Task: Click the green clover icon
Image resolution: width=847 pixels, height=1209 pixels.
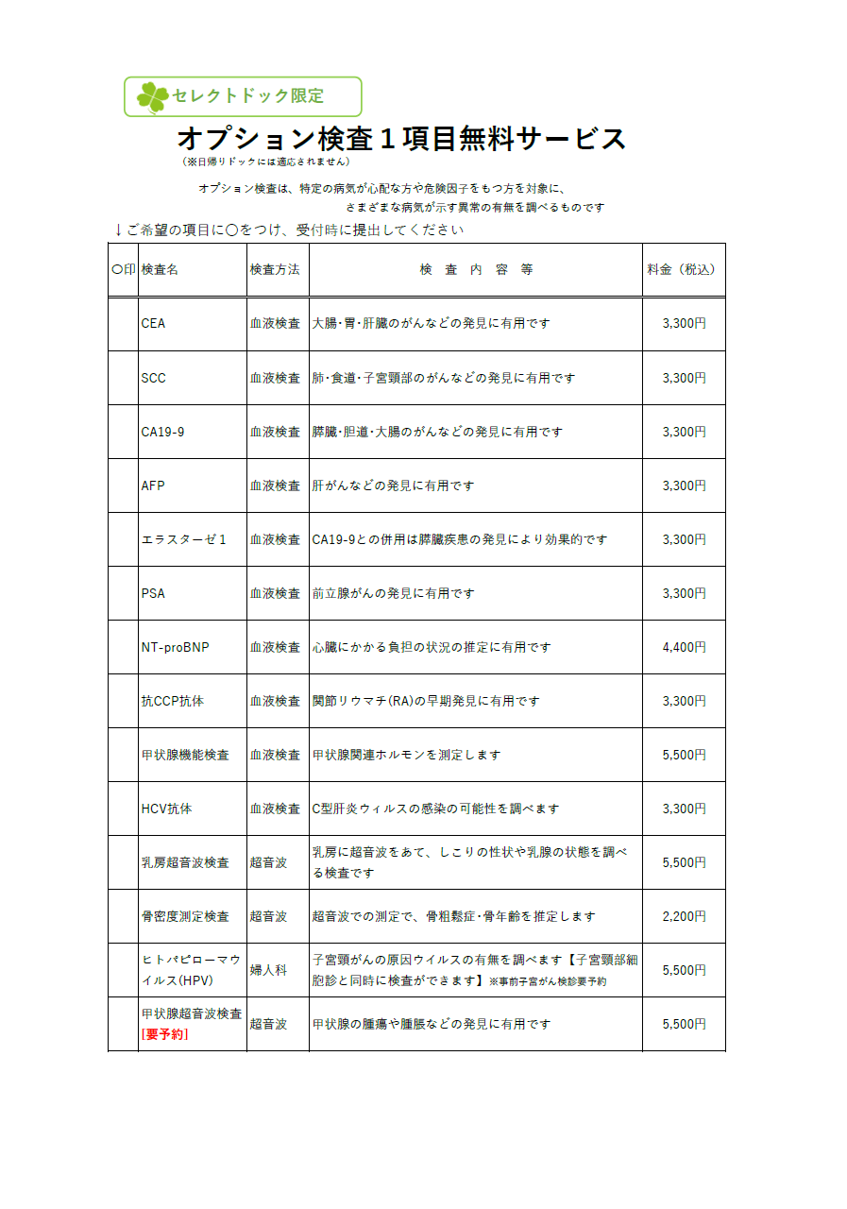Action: coord(152,96)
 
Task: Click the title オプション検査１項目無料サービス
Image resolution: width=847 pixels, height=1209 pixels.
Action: coord(401,139)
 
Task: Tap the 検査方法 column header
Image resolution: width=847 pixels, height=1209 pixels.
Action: coord(275,269)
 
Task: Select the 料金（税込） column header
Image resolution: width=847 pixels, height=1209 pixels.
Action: coord(681,269)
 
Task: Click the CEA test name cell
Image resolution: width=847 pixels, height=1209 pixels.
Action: coord(153,323)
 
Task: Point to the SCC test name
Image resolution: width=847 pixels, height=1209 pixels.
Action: coord(153,378)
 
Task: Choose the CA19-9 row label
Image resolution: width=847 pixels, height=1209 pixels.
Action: coord(162,432)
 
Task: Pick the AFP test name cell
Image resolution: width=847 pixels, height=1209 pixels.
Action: coord(153,485)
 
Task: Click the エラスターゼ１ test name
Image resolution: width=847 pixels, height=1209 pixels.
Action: coord(184,539)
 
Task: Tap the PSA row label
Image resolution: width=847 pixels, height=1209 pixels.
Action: coord(153,593)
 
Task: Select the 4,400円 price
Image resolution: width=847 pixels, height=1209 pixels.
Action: coord(685,647)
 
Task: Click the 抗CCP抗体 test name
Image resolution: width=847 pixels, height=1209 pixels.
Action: coord(172,701)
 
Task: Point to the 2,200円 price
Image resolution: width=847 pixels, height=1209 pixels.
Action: coord(685,916)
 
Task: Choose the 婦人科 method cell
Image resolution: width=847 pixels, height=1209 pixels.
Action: coord(268,970)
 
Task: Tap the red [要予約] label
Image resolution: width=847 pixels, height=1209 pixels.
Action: coord(164,1034)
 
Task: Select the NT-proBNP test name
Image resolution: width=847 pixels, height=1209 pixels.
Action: coord(175,647)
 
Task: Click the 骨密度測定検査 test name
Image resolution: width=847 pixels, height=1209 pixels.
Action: coord(185,916)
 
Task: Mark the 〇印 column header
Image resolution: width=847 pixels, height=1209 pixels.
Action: coord(123,269)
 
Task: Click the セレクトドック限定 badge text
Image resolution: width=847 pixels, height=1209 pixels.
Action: coord(248,96)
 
